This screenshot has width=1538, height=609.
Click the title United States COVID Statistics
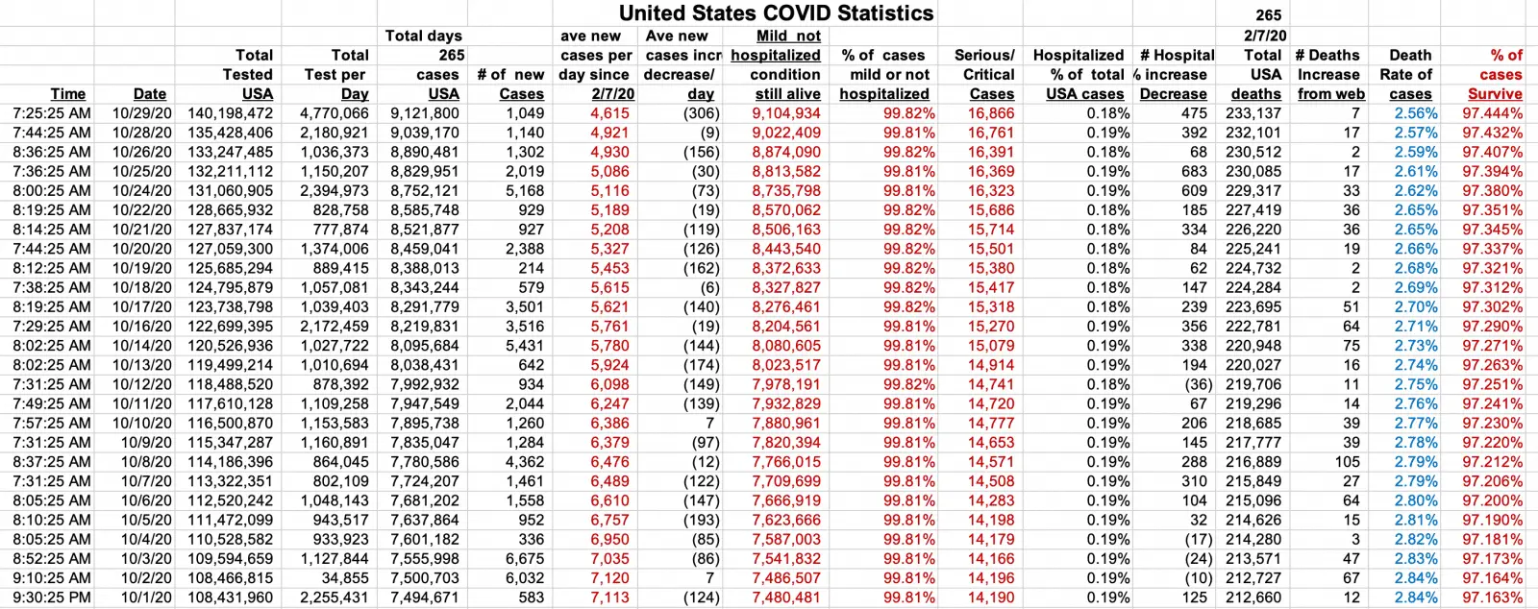coord(776,13)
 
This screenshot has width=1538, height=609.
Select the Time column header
coord(68,94)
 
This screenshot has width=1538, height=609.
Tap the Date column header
coord(150,94)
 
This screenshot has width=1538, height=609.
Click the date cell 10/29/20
coord(142,113)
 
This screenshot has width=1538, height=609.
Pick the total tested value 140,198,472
coord(230,113)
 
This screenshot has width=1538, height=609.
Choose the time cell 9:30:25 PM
coord(52,597)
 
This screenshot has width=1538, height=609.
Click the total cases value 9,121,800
coord(425,113)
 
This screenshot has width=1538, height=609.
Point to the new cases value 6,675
coord(524,559)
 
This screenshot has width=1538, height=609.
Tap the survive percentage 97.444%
coord(1492,113)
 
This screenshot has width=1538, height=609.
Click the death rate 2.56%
coord(1416,113)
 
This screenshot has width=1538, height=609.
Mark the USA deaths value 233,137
coord(1253,113)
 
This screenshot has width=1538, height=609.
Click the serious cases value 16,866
coord(990,113)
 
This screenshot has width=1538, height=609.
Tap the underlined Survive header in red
coord(1495,94)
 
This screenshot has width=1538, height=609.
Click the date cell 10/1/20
coord(146,597)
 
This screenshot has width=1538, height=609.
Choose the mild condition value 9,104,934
coord(786,113)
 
